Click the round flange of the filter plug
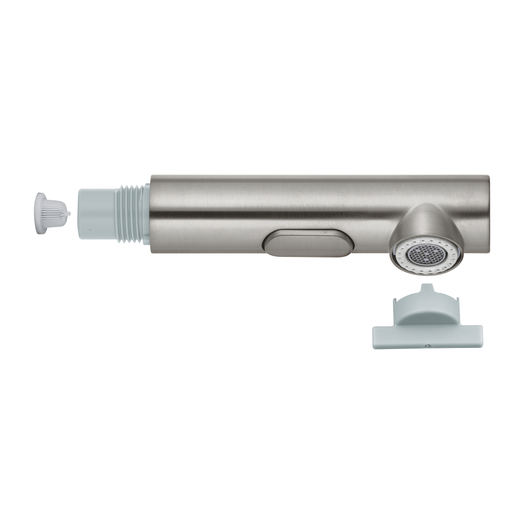point(40,212)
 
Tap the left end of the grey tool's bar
point(376,336)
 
